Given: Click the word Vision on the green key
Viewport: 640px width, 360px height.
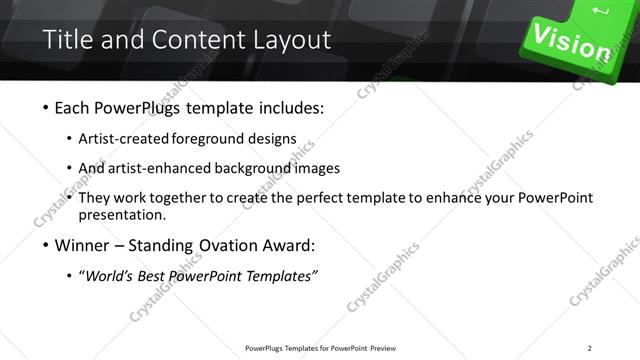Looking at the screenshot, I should click(572, 41).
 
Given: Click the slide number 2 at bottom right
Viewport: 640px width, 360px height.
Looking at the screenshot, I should click(590, 348).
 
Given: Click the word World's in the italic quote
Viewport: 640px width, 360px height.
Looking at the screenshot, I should click(112, 276).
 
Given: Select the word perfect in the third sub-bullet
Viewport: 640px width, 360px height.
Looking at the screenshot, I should click(346, 198).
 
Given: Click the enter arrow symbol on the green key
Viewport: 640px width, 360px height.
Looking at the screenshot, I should click(601, 11).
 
